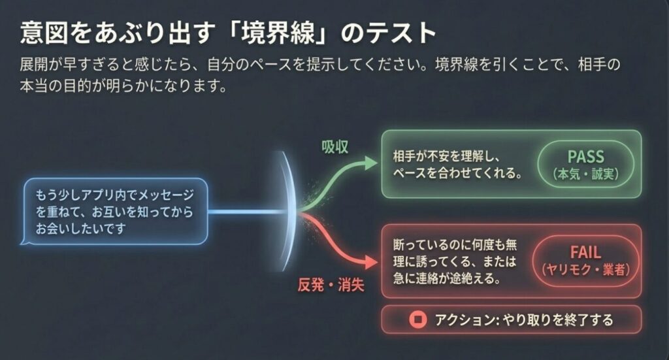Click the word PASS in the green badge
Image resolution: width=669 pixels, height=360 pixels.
tap(585, 157)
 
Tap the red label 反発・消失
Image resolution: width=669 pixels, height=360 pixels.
tap(331, 286)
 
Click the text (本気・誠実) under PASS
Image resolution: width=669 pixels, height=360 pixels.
tap(585, 175)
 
